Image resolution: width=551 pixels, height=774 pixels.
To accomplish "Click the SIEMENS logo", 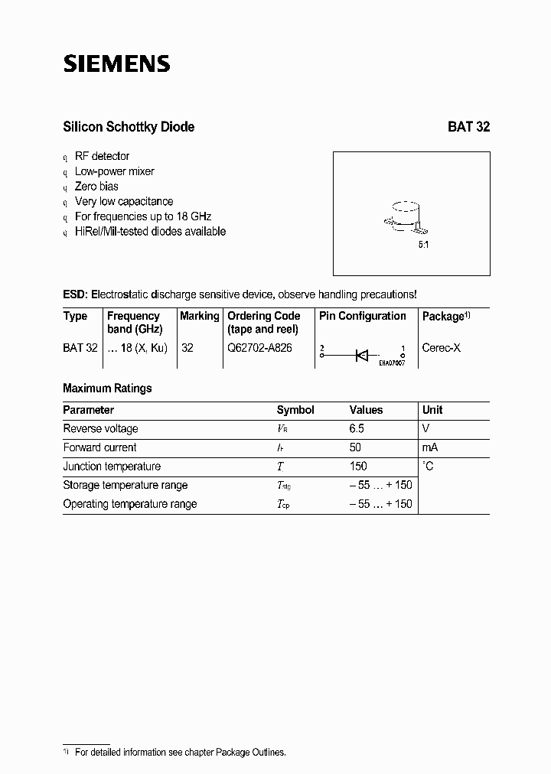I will pos(116,64).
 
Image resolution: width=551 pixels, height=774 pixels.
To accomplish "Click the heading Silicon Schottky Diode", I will pos(128,127).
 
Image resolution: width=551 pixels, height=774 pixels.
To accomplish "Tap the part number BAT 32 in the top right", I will pos(468,127).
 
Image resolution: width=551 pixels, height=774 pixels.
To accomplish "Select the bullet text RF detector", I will pos(102,156).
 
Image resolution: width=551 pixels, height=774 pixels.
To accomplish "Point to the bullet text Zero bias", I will pos(96,186).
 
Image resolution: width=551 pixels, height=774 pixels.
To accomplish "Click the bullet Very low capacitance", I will pos(124,201).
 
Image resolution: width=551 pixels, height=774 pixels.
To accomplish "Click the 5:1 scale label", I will pos(423,246).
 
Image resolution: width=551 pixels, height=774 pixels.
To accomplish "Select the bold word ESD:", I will pos(76,294).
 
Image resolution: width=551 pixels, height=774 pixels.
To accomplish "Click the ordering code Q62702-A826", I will pos(259,347).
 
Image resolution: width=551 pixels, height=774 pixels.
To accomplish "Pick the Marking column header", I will pos(200,316).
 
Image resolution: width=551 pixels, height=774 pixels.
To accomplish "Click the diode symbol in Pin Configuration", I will pos(362,354).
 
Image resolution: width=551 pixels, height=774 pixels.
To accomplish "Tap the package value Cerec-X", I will pos(442,347).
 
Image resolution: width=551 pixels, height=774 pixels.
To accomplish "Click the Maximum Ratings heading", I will pos(107,389).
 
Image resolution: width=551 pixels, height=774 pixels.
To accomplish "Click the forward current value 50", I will pos(355,447).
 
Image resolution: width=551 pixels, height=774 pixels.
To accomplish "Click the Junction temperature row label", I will pos(112,467).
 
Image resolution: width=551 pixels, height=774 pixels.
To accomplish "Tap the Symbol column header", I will pos(295,410).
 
